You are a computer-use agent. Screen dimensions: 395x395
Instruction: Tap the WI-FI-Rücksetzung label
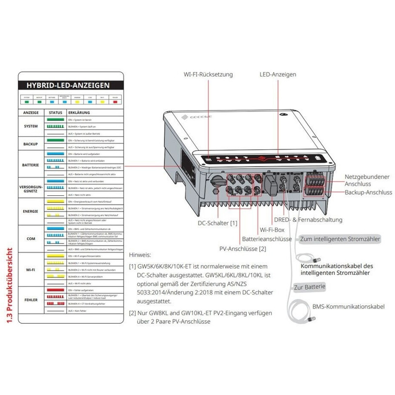(x=208, y=75)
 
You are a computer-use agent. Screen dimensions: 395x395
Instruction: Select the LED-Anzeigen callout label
(x=278, y=75)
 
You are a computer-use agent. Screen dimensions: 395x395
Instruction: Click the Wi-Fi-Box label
(x=272, y=230)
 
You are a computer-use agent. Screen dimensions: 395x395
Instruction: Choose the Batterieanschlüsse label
(x=267, y=239)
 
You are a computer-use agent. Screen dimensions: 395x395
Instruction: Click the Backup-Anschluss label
(x=368, y=192)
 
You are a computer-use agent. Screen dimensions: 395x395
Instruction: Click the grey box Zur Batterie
(x=309, y=287)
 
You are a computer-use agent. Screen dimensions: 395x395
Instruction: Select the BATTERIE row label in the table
(x=31, y=165)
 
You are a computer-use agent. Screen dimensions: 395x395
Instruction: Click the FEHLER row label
(x=31, y=300)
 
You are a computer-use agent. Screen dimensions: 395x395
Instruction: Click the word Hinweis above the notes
(x=141, y=254)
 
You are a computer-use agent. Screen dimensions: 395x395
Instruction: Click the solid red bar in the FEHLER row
(x=54, y=289)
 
